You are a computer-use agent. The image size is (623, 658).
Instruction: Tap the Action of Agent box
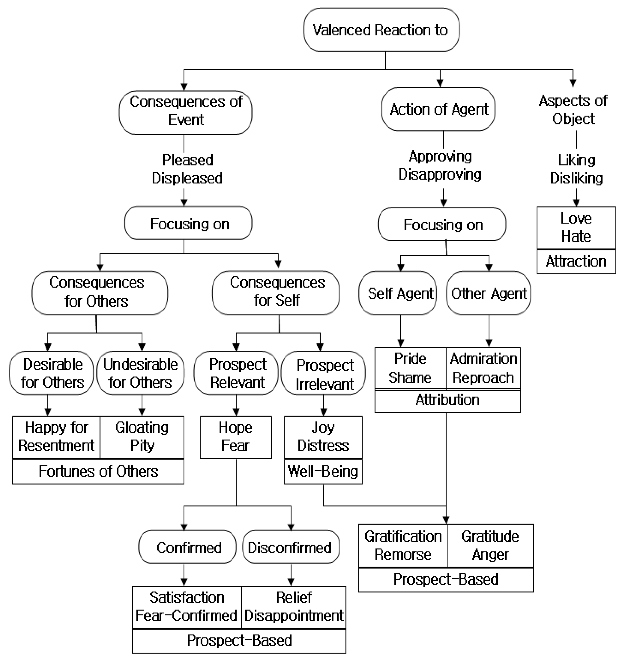(x=438, y=109)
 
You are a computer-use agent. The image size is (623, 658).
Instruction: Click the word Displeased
(x=187, y=178)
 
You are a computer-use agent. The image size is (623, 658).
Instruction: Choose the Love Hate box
(x=576, y=228)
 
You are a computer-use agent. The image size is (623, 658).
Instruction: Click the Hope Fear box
(x=235, y=437)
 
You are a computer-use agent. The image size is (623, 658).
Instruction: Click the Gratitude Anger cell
(x=490, y=546)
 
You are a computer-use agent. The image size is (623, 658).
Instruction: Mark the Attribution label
(x=447, y=400)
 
